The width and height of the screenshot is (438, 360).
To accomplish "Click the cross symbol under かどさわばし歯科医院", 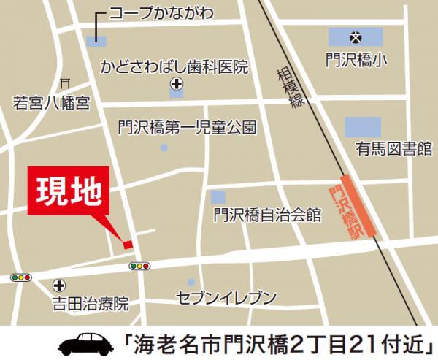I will pos(175,83).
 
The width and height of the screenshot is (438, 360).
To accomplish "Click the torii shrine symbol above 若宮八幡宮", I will pos(65,83).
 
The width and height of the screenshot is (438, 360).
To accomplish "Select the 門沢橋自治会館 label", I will pos(268,215).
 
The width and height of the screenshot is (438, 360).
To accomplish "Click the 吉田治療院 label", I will pos(90,301).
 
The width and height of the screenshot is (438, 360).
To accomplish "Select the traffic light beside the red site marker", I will pos(139,266).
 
